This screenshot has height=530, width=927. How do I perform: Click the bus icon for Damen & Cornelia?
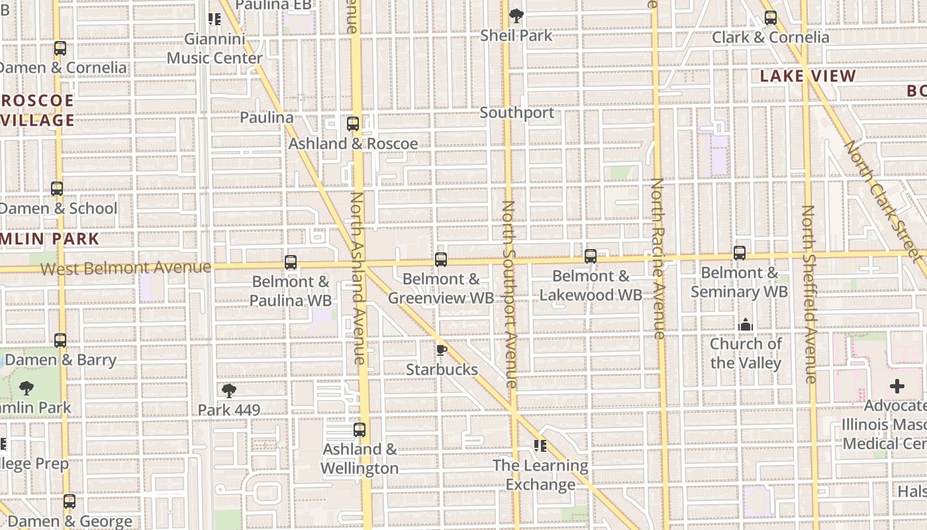[60, 48]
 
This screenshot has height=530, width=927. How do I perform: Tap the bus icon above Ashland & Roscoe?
[353, 124]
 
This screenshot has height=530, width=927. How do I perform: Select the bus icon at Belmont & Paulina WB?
[291, 262]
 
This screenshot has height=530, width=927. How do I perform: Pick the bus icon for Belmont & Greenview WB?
[441, 260]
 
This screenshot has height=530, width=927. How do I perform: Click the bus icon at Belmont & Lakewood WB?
[591, 256]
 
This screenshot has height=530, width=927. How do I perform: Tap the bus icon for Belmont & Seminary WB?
[740, 253]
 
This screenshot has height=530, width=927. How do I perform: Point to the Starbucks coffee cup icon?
[442, 350]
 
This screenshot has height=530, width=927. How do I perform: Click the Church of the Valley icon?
[746, 325]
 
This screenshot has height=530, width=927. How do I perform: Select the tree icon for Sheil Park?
[516, 16]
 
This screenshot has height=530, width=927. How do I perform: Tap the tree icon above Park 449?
[229, 391]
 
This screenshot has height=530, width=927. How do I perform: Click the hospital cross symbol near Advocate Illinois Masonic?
[897, 386]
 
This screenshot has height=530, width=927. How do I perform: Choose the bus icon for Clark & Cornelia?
[771, 18]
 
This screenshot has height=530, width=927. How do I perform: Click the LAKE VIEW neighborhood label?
[808, 76]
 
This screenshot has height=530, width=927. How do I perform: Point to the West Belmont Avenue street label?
[126, 268]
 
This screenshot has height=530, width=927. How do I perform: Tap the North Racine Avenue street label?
[658, 258]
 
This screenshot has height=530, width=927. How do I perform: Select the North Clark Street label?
[883, 199]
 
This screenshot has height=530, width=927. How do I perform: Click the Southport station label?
[516, 113]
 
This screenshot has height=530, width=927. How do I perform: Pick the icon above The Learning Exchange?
[540, 446]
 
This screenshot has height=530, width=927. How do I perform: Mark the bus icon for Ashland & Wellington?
[360, 430]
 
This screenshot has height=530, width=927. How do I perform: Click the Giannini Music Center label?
[215, 48]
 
